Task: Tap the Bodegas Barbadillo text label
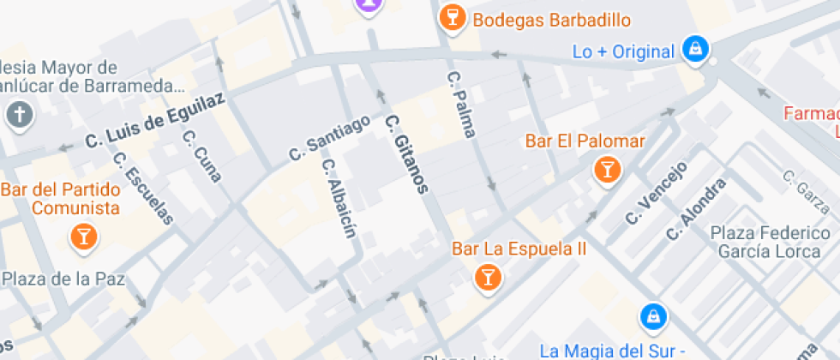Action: pyautogui.click(x=552, y=20)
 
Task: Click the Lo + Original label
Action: pyautogui.click(x=623, y=51)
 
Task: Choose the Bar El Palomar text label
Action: pyautogui.click(x=585, y=141)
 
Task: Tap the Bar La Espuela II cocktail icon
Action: pyautogui.click(x=487, y=276)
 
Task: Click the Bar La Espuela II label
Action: pyautogui.click(x=519, y=249)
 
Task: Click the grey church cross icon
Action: pyautogui.click(x=19, y=115)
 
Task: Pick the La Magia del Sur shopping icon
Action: pyautogui.click(x=653, y=318)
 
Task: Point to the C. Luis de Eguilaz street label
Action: pyautogui.click(x=155, y=120)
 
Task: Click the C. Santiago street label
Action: pyautogui.click(x=330, y=137)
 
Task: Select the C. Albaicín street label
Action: pyautogui.click(x=339, y=198)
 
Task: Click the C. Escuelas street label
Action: pyautogui.click(x=142, y=189)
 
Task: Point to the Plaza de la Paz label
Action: pyautogui.click(x=64, y=279)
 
